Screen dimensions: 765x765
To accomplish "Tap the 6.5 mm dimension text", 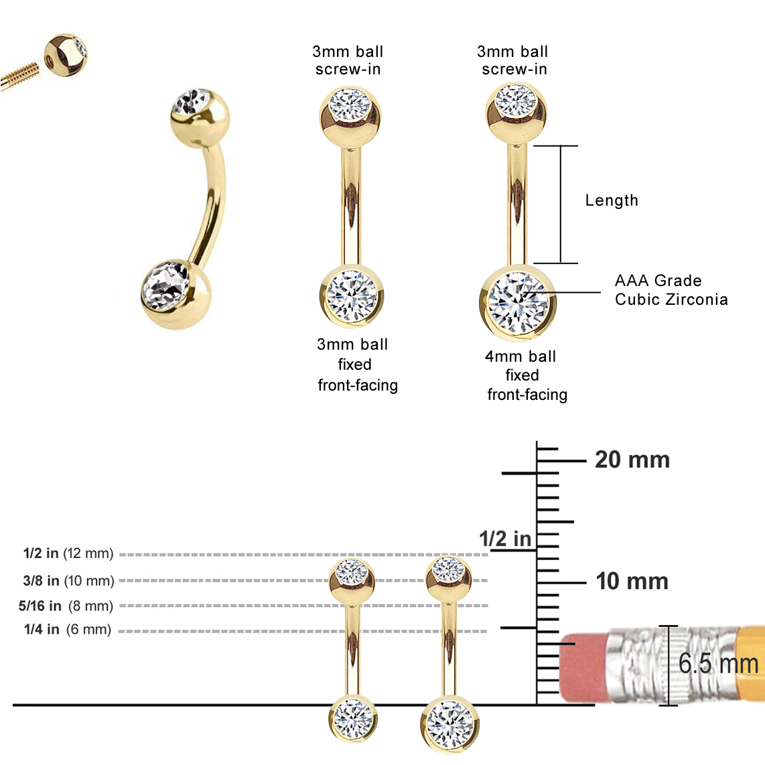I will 717,664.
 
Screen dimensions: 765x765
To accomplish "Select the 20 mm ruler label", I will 632,460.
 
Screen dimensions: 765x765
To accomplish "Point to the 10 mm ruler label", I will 632,581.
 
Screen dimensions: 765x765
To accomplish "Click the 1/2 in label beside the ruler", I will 504,539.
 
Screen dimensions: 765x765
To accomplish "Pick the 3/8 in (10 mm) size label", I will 68,581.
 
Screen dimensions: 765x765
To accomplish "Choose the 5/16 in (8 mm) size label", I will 66,606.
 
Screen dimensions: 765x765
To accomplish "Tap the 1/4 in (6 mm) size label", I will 67,630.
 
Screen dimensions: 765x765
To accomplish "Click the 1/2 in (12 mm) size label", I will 68,553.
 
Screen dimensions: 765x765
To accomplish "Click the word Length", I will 612,200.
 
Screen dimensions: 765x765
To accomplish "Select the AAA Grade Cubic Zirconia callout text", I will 671,290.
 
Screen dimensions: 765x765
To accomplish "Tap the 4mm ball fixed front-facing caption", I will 527,375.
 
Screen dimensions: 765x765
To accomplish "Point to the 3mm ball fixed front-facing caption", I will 357,364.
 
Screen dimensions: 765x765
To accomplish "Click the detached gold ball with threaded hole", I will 66,56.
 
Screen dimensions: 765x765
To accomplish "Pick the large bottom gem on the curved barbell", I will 165,289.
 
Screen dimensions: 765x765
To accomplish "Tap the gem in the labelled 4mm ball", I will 518,301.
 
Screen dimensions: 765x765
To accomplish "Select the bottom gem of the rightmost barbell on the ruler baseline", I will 449,723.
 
